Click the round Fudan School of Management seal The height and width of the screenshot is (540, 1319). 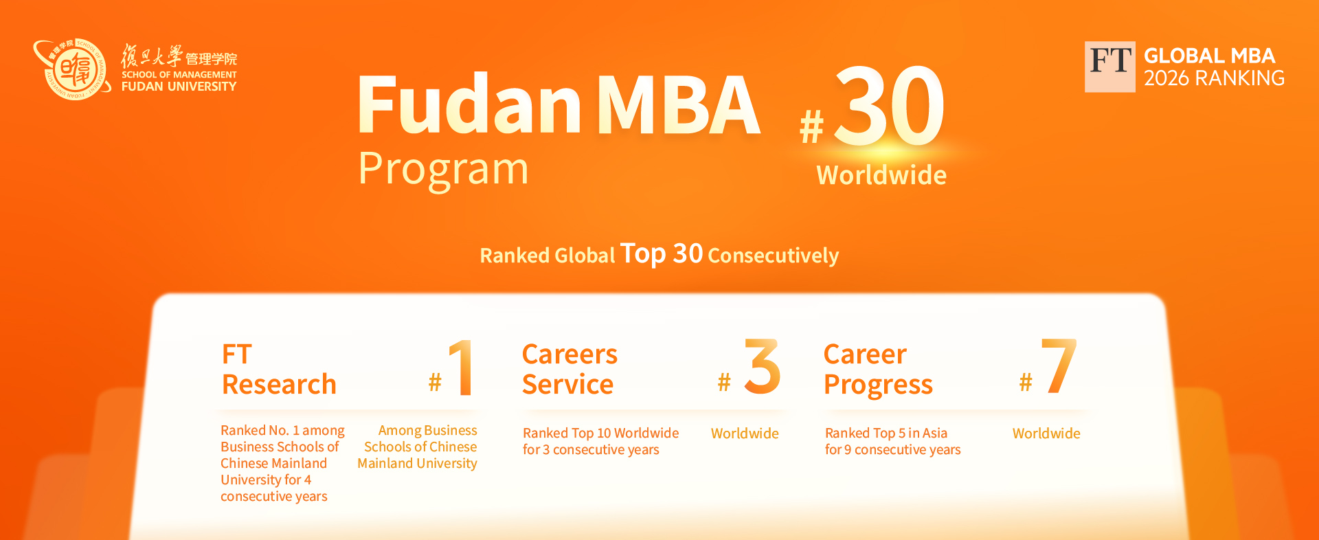tap(72, 69)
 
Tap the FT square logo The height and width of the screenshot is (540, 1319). tap(1109, 67)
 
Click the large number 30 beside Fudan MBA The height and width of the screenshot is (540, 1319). tap(889, 106)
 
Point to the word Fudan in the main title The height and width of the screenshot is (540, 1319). tap(469, 105)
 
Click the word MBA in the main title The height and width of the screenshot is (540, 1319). tap(678, 105)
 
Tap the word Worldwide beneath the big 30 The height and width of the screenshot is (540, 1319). tap(881, 175)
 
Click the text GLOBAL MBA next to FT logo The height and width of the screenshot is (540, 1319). tap(1209, 56)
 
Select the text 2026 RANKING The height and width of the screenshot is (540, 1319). tap(1214, 78)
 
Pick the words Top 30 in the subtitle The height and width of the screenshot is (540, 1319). tap(662, 254)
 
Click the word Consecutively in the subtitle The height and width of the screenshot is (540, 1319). tap(773, 256)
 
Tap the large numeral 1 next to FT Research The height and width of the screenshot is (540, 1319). tap(461, 368)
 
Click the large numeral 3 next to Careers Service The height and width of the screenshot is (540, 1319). tap(762, 366)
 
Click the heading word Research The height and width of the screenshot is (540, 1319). tap(279, 385)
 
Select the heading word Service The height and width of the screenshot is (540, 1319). tap(567, 385)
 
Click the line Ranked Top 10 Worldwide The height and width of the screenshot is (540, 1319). tap(600, 434)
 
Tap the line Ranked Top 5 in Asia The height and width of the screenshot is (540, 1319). tap(886, 434)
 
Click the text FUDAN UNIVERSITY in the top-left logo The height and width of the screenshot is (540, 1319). tap(179, 87)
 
